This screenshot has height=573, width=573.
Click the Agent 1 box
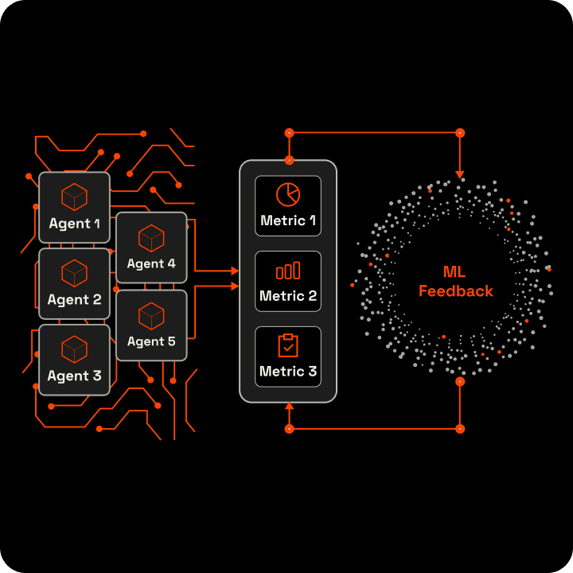[75, 207]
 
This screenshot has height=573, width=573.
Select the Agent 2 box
[75, 283]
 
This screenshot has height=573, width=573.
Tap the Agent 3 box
[75, 360]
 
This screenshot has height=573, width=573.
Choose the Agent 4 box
[151, 248]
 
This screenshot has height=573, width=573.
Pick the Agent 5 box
[151, 325]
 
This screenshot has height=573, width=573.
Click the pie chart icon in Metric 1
[288, 195]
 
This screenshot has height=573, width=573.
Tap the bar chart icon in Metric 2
[288, 271]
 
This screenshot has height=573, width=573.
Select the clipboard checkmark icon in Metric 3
[288, 346]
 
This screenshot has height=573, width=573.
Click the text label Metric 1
[288, 220]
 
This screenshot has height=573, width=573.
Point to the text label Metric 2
[288, 296]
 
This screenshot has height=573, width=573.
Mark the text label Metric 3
[288, 372]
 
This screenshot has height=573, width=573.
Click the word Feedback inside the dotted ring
[456, 291]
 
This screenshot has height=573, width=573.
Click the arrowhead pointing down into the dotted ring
[459, 173]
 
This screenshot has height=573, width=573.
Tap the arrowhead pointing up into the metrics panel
[289, 407]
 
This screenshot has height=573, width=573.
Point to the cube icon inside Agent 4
[151, 237]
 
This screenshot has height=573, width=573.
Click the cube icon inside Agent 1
[75, 196]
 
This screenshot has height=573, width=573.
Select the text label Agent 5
[151, 341]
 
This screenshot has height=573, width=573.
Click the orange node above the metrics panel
[289, 133]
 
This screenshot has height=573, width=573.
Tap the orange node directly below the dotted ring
[459, 382]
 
